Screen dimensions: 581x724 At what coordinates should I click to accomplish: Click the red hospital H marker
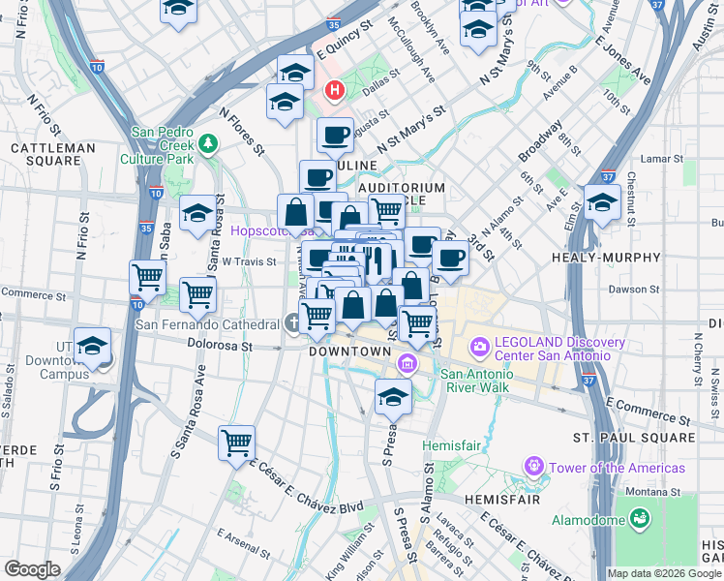pyautogui.click(x=335, y=91)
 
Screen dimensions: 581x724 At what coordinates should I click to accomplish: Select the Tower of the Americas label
pyautogui.click(x=617, y=469)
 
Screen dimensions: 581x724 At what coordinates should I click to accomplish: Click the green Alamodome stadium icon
pyautogui.click(x=639, y=520)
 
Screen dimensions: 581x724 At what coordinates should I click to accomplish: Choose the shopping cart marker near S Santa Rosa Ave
pyautogui.click(x=236, y=443)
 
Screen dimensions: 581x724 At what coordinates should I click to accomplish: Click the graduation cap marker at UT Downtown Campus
pyautogui.click(x=92, y=346)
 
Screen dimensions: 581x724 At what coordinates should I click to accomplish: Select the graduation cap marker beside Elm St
pyautogui.click(x=602, y=203)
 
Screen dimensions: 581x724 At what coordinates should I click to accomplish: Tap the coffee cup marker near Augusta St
pyautogui.click(x=335, y=136)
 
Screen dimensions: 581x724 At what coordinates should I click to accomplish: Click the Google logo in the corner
pyautogui.click(x=33, y=569)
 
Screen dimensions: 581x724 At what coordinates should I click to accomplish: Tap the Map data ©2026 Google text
pyautogui.click(x=663, y=573)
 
